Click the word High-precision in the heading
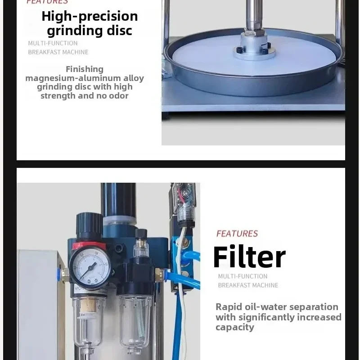coord(90,16)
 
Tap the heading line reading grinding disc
coord(90,31)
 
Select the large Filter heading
coord(249,257)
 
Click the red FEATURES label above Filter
coord(237,234)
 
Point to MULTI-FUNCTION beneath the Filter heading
coord(243,276)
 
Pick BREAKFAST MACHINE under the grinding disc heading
coord(58,52)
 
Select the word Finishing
coord(85,69)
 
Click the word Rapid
coord(228,307)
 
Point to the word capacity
coord(234,327)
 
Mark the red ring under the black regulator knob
coord(89,246)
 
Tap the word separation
coord(314,307)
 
